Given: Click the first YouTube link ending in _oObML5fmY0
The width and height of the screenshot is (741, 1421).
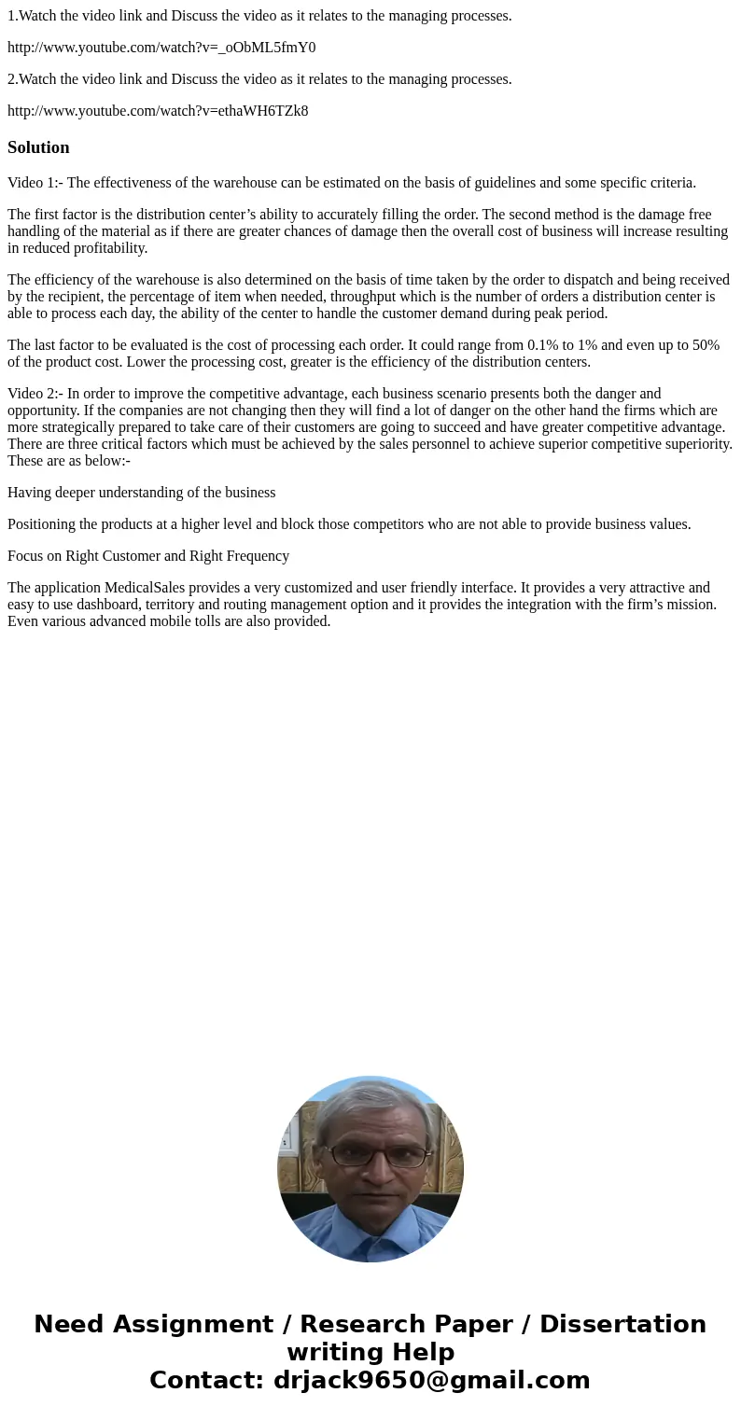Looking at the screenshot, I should pyautogui.click(x=161, y=48).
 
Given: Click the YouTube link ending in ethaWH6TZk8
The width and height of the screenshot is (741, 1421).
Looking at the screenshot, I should pyautogui.click(x=158, y=111).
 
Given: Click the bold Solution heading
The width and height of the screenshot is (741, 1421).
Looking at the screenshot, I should pyautogui.click(x=38, y=147).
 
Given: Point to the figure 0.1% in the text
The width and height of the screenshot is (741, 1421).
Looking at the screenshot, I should pyautogui.click(x=542, y=345).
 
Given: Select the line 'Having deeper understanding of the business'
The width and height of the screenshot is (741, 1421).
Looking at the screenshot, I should pyautogui.click(x=141, y=493).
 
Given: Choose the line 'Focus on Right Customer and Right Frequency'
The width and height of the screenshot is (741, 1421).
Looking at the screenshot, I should pyautogui.click(x=148, y=556).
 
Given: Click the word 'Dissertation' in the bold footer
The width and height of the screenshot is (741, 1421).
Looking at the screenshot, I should pyautogui.click(x=622, y=1324).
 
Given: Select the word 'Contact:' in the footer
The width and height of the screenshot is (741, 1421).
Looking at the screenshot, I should pyautogui.click(x=206, y=1380).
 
